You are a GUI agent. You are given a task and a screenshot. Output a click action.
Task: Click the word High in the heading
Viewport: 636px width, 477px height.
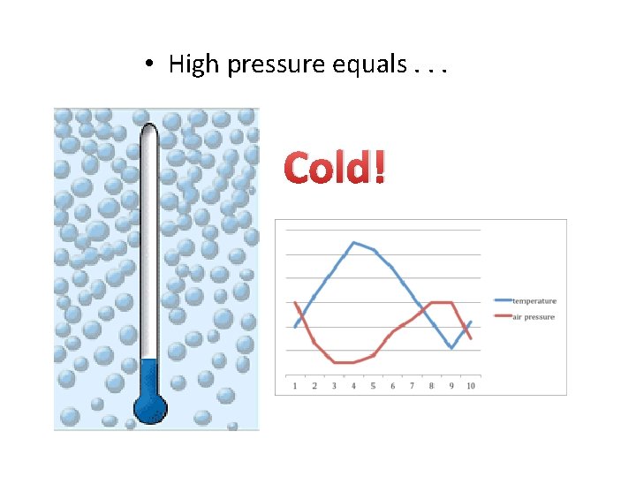[x=194, y=64]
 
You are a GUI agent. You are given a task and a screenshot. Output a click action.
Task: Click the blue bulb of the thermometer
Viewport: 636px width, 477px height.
[x=149, y=407]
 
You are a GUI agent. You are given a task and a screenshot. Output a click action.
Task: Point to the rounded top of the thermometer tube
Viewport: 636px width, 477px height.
[x=149, y=129]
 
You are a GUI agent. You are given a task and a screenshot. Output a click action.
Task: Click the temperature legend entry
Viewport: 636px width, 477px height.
[x=534, y=301]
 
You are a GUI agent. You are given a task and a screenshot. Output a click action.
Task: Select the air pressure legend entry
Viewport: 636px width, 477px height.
[x=534, y=316]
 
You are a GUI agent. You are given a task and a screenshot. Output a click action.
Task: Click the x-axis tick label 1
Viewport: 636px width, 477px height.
[x=295, y=386]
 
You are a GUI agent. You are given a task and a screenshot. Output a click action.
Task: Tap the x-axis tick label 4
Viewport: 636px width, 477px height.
[x=353, y=386]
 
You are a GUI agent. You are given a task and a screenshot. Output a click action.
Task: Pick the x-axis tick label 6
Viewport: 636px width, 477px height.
[x=392, y=386]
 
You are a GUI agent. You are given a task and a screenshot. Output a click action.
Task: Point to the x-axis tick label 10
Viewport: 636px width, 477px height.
[x=471, y=386]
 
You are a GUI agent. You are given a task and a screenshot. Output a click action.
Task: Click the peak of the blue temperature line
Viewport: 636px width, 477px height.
[x=353, y=242]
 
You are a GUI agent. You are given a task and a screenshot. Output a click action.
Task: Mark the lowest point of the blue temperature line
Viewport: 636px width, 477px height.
[x=451, y=348]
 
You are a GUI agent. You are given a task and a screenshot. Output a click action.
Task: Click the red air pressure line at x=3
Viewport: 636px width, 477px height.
[x=334, y=362]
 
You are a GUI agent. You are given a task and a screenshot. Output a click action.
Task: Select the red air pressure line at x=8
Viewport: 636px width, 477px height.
[x=431, y=303]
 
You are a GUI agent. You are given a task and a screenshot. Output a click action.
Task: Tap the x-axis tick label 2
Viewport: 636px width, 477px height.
[x=314, y=386]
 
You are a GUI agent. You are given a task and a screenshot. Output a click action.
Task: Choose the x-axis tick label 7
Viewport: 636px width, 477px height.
[x=412, y=386]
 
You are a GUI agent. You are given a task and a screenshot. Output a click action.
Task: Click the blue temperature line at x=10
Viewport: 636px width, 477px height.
[x=471, y=322]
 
